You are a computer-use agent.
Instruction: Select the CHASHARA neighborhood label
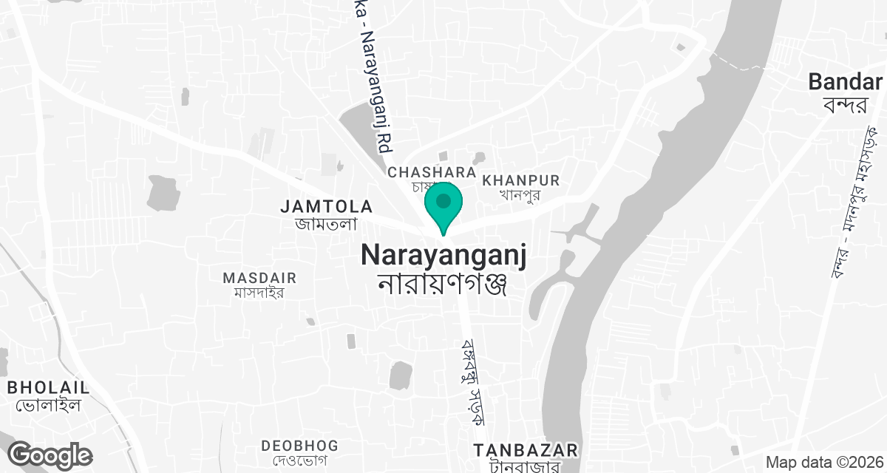[x=432, y=172]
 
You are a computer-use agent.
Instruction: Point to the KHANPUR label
[x=520, y=180]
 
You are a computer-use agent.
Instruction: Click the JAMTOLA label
[x=326, y=207]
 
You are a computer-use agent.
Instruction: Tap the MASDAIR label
[x=259, y=278]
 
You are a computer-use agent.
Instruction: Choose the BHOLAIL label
[x=48, y=387]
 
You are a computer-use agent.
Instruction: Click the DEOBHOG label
[x=299, y=446]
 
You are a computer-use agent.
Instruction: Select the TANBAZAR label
[x=525, y=450]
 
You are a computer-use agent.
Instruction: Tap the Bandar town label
[x=846, y=81]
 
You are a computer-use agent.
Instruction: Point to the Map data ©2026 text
[x=823, y=463]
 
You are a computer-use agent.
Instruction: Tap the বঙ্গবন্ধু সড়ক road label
[x=472, y=381]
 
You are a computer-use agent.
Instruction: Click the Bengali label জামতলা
[x=326, y=223]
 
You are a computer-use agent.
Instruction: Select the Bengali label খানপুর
[x=521, y=196]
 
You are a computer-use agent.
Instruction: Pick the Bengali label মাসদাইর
[x=259, y=293]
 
